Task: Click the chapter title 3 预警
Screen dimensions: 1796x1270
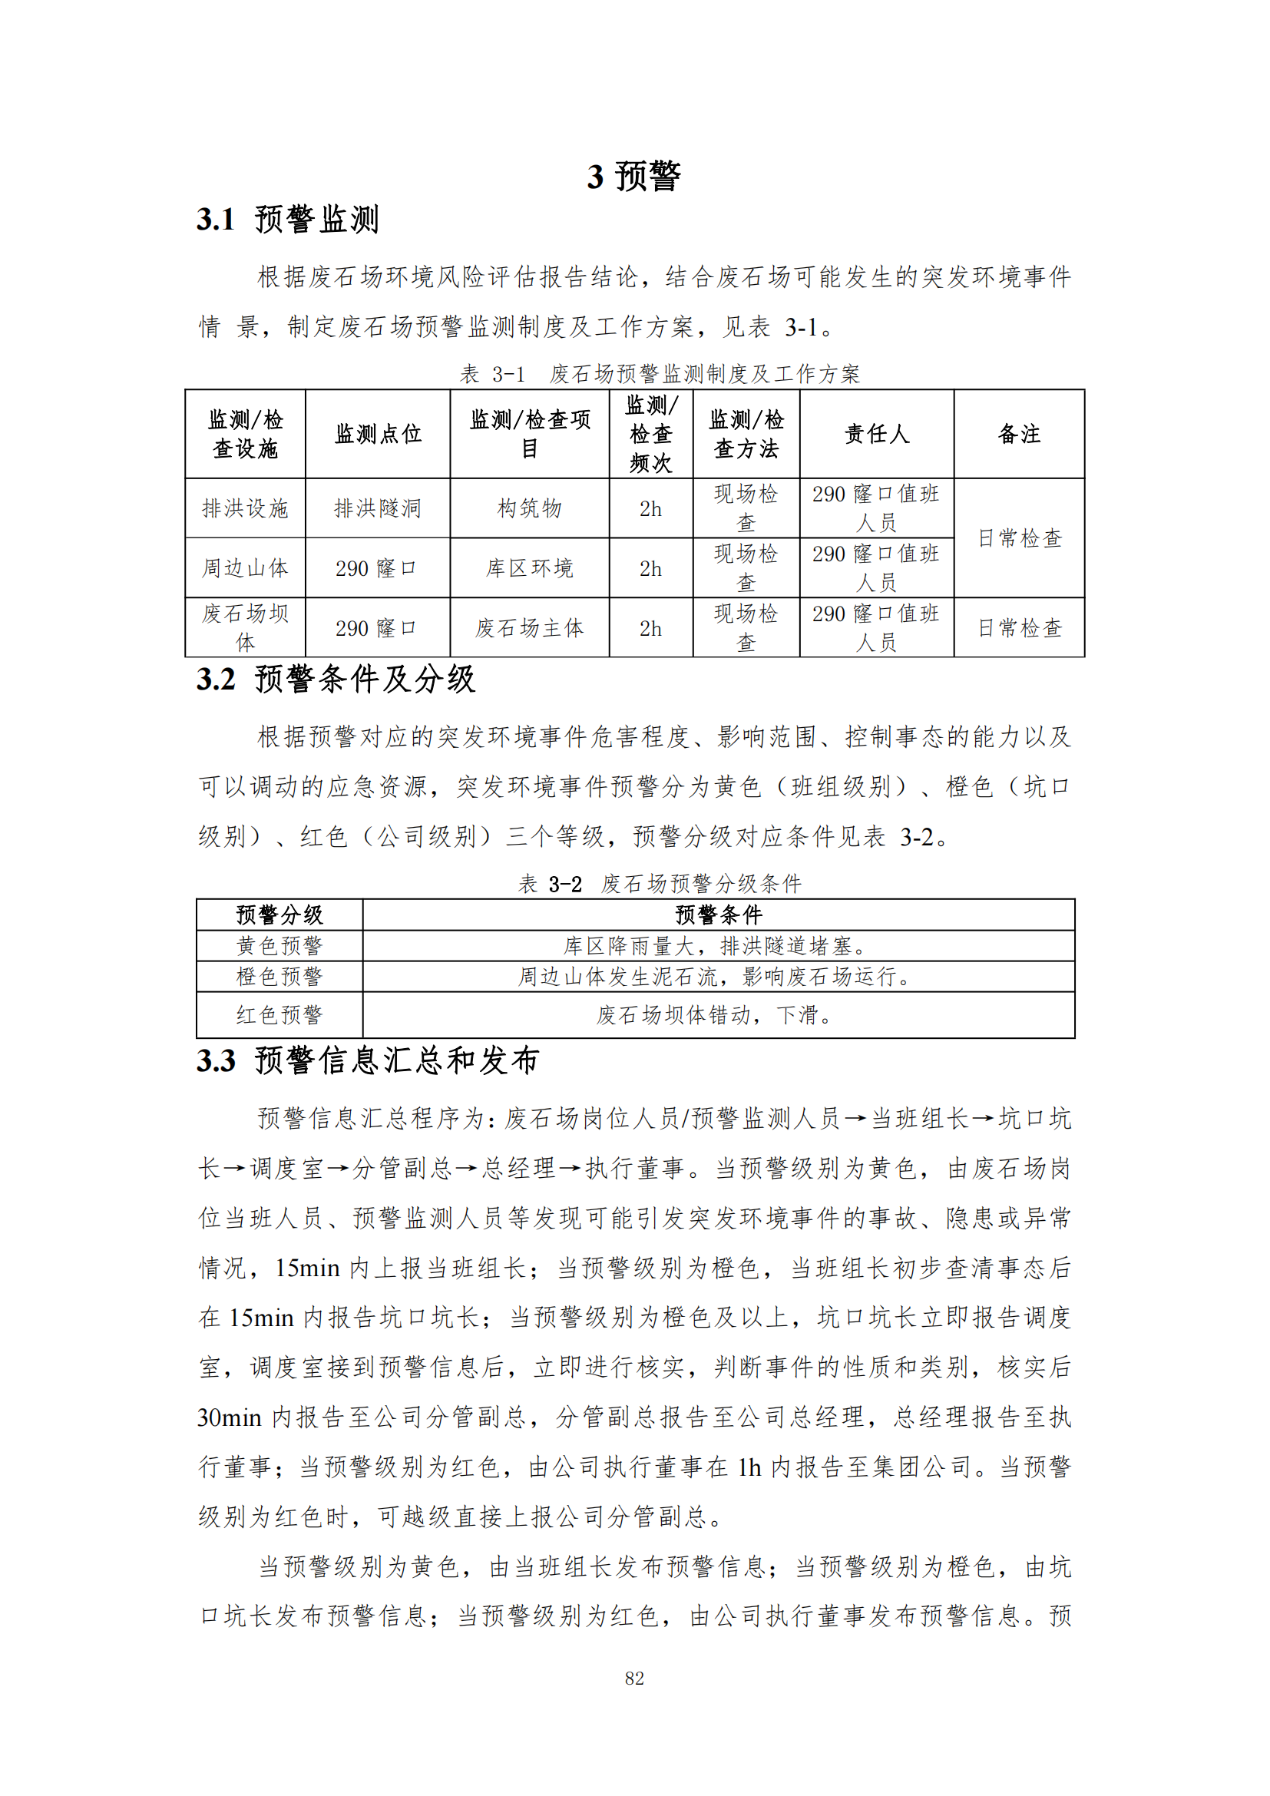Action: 633,176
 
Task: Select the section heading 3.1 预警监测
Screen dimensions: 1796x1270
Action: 288,220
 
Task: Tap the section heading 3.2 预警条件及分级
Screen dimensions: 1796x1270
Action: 336,679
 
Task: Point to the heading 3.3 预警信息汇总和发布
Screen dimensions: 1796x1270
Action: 368,1060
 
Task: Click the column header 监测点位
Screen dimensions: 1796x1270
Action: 378,434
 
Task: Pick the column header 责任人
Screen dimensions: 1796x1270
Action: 876,434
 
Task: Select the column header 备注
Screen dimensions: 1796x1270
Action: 1019,434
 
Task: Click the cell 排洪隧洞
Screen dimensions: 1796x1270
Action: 378,508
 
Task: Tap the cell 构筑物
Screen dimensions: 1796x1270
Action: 530,508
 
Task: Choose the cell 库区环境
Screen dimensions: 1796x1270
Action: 530,569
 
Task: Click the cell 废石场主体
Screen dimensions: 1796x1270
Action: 530,628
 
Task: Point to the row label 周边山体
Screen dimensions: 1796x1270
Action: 245,569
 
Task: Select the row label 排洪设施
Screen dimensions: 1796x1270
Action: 245,508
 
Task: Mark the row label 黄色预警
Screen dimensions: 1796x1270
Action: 279,946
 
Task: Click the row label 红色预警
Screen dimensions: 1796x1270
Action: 279,1015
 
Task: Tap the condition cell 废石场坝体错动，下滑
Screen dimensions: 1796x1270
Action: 717,1015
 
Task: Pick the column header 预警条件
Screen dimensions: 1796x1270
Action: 718,915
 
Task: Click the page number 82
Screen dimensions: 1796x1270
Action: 634,1678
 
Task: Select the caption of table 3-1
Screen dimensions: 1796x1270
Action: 660,374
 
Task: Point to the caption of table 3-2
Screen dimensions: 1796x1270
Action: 660,884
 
